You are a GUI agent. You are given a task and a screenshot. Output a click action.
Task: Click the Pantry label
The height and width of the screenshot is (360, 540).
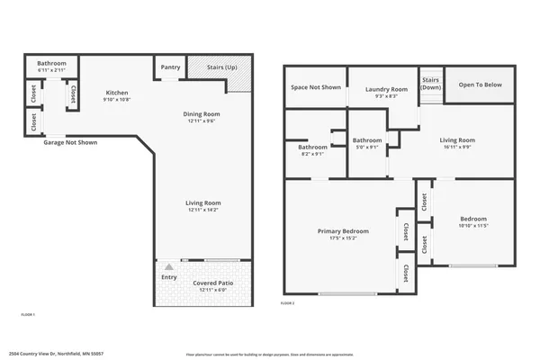170,66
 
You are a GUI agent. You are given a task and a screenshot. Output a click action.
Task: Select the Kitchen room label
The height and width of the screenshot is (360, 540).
118,93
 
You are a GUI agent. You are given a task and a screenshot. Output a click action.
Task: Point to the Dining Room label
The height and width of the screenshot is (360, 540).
201,114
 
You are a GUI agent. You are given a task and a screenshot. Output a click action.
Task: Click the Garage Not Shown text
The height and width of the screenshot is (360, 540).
70,142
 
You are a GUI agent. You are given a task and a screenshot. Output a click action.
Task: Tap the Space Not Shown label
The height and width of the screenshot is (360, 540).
315,87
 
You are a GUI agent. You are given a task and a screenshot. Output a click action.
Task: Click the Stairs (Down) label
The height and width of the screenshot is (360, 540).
430,83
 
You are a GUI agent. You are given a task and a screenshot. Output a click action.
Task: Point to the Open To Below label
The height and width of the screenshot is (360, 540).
481,85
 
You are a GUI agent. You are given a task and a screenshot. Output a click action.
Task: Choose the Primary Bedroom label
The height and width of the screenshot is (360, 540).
343,231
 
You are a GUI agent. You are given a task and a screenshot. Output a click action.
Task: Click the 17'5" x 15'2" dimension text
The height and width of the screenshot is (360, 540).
343,238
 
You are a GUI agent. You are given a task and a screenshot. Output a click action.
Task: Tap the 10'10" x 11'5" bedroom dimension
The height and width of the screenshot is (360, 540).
473,226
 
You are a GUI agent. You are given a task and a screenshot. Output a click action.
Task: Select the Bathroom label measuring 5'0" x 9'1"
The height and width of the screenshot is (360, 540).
367,139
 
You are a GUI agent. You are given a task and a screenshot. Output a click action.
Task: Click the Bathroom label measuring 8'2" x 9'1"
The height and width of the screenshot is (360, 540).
312,146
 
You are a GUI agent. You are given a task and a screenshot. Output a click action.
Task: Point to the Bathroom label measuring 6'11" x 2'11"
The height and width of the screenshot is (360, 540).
51,63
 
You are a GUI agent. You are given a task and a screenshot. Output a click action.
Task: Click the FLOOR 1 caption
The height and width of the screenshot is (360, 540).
27,314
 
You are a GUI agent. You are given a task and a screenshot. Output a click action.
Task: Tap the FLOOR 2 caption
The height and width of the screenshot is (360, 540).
287,304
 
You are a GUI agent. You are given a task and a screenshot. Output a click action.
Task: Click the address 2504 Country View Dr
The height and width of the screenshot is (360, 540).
57,354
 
